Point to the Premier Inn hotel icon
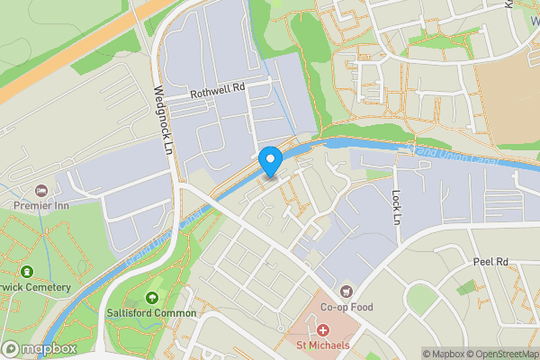[x=41, y=191]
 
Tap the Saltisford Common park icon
[x=151, y=298]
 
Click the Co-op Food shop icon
[x=346, y=291]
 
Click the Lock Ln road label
[x=396, y=206]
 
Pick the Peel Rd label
[x=490, y=262]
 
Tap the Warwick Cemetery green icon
[x=27, y=272]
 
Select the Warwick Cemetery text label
[x=36, y=287]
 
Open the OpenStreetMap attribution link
[x=501, y=354]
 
